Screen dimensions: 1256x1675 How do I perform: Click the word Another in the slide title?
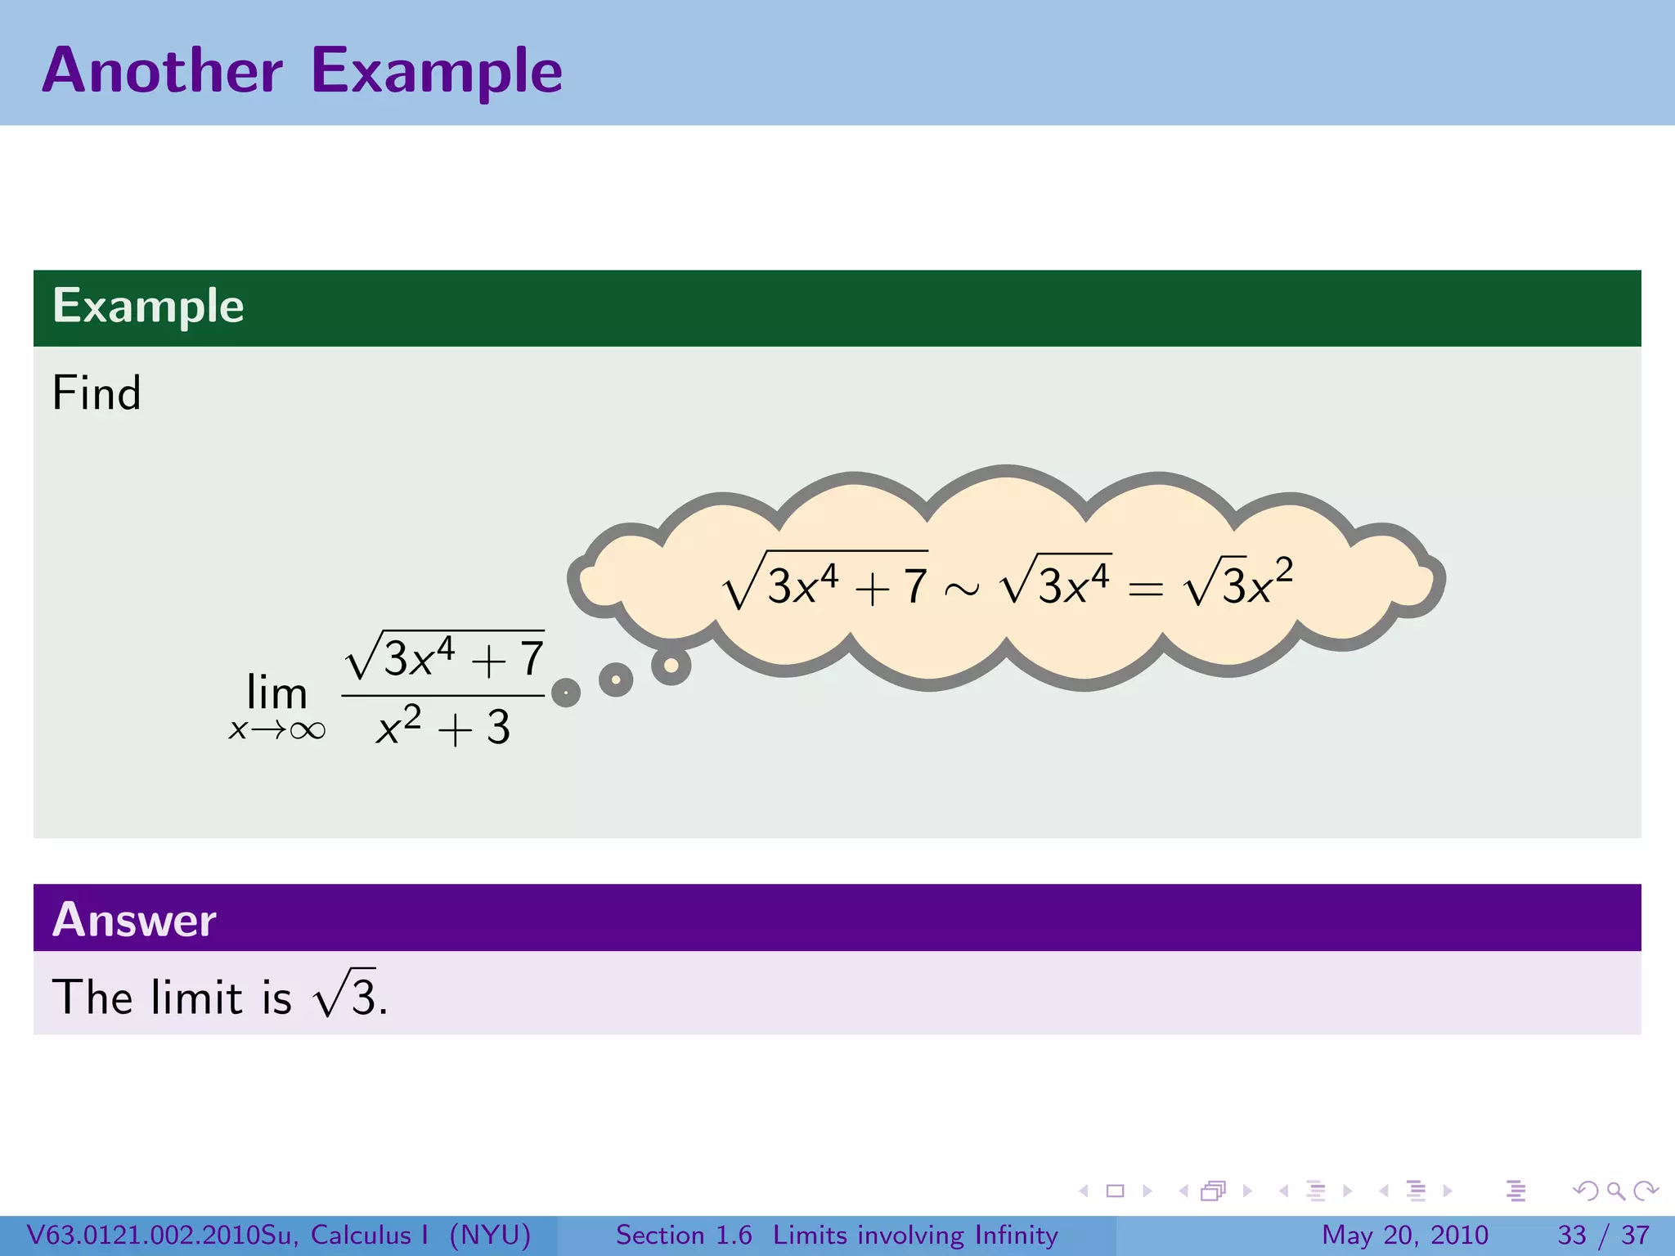tap(162, 71)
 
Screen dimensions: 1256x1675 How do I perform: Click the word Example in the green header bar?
tap(148, 307)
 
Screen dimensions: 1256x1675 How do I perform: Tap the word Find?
tap(97, 393)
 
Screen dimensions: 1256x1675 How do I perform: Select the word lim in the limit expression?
tap(276, 693)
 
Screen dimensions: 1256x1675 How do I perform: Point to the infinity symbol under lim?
tap(308, 730)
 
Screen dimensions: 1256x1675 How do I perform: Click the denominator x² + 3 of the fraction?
tap(442, 727)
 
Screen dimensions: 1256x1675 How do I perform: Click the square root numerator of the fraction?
tap(444, 657)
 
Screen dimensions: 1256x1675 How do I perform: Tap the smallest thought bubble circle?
tap(566, 693)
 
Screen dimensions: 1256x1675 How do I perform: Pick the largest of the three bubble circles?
tap(671, 666)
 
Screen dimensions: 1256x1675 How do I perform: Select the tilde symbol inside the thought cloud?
tap(962, 589)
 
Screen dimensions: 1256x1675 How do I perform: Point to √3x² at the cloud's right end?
tap(1238, 583)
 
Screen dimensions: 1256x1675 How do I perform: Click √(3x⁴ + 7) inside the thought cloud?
tap(826, 583)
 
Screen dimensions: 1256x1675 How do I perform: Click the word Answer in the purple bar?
tap(134, 920)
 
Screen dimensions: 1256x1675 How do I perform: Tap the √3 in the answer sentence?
tap(344, 995)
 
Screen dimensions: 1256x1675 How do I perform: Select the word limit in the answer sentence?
tap(197, 997)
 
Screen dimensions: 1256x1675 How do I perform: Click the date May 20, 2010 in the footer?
tap(1404, 1235)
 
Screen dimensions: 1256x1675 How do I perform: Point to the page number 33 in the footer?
tap(1571, 1235)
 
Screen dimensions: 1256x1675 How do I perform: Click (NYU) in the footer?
tap(490, 1235)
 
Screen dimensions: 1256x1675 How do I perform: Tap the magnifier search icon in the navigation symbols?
tap(1615, 1191)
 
